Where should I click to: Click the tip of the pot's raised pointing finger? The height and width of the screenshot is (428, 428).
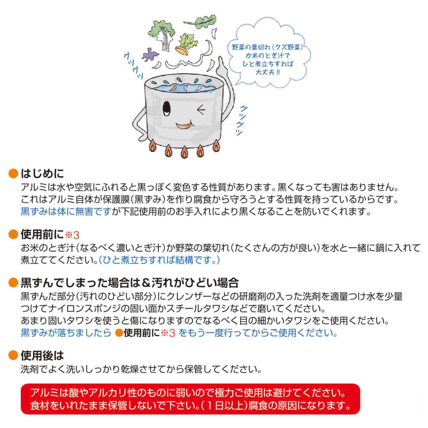coord(220,57)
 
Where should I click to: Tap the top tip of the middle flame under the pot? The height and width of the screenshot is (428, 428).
coord(184,146)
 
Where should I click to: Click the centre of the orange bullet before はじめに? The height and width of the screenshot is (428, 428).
coord(13,173)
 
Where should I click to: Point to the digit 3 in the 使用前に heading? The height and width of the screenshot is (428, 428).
coord(76,235)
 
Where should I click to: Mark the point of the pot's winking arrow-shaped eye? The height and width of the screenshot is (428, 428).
coord(198,109)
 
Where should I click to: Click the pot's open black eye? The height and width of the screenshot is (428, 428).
coord(167,108)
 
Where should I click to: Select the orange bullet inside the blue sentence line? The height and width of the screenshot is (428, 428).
coord(119,333)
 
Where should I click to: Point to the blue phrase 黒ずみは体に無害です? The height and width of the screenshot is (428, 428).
coord(66,211)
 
